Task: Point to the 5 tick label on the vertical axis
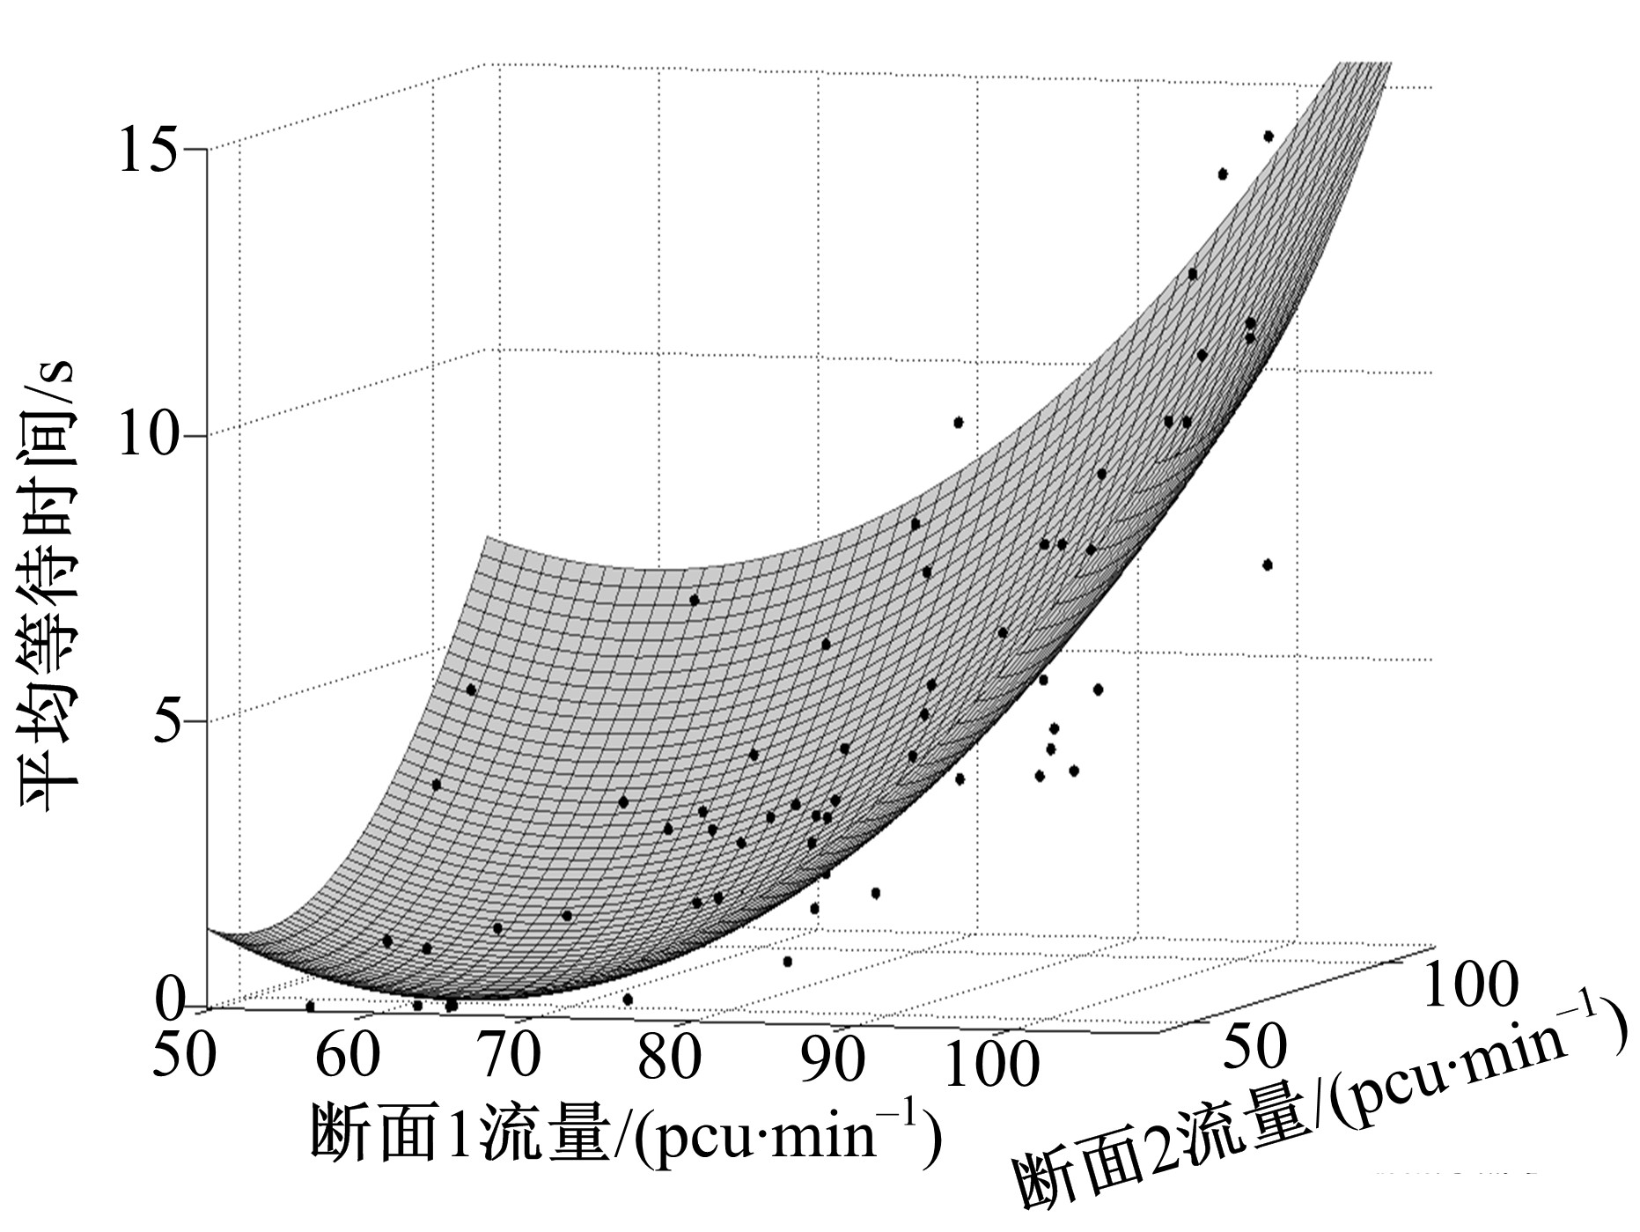coord(167,720)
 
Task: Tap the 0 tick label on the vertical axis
coord(169,1001)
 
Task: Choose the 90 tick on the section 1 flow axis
coord(832,1059)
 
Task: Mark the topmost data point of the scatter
coord(1269,136)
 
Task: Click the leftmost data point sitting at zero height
coord(310,1006)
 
